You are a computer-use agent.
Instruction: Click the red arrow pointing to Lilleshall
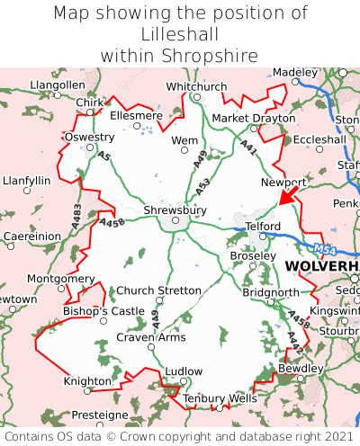pyautogui.click(x=290, y=193)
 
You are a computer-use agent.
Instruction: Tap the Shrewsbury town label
pyautogui.click(x=175, y=210)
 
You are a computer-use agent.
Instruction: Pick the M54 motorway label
pyautogui.click(x=327, y=248)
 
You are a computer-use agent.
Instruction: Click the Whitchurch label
pyautogui.click(x=196, y=86)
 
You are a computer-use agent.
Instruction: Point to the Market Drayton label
pyautogui.click(x=253, y=119)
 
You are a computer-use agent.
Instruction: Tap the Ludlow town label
pyautogui.click(x=184, y=370)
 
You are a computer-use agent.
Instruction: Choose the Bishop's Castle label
pyautogui.click(x=103, y=311)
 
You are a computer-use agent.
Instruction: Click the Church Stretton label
pyautogui.click(x=159, y=290)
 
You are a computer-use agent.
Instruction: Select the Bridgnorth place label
pyautogui.click(x=270, y=293)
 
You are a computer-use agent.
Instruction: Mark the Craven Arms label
pyautogui.click(x=151, y=337)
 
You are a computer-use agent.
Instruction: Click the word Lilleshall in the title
pyautogui.click(x=180, y=34)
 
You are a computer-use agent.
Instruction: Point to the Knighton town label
pyautogui.click(x=87, y=381)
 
